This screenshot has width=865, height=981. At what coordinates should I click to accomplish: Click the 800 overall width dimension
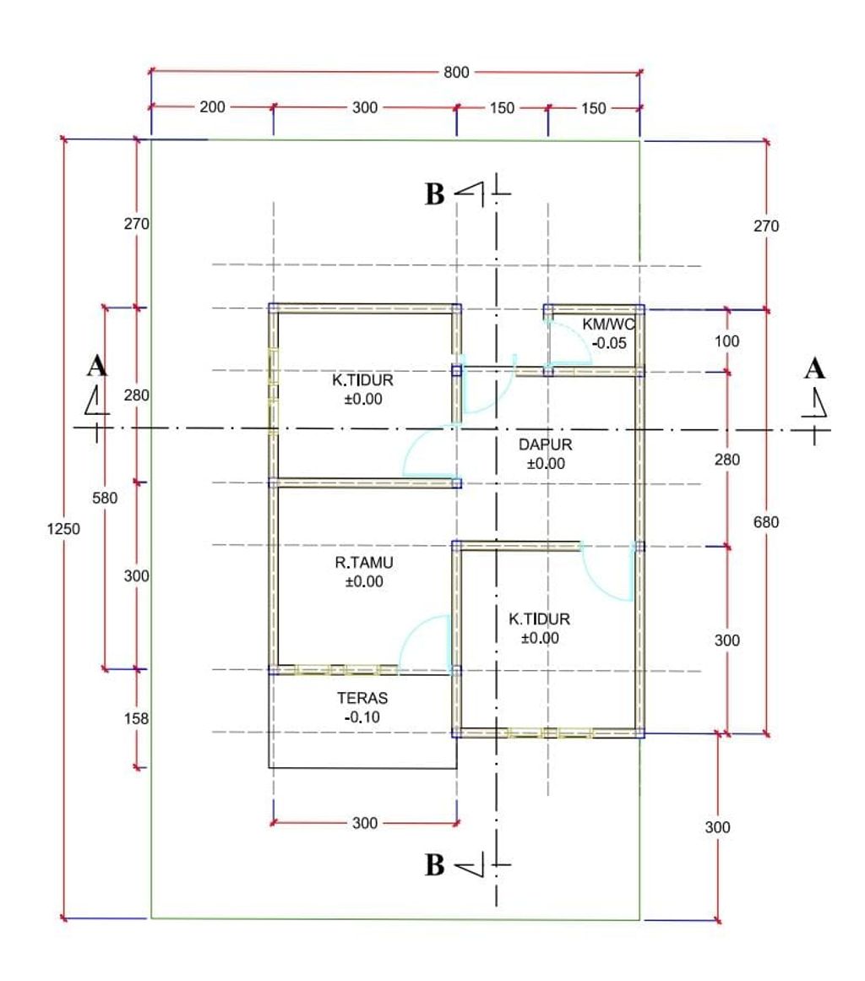456,73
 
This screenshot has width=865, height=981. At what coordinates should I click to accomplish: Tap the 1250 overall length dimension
63,529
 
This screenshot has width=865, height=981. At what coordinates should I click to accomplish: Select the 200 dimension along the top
212,107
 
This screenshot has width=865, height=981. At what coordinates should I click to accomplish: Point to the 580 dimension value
105,498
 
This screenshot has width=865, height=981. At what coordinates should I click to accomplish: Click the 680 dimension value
766,522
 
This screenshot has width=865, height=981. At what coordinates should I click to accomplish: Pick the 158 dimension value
136,718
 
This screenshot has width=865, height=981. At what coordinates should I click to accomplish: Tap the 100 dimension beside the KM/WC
726,341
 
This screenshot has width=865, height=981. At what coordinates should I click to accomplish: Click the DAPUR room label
546,444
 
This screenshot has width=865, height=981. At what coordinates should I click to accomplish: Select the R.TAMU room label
364,563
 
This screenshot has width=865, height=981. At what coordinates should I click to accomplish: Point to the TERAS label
362,698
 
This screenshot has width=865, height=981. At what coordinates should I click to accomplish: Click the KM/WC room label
608,324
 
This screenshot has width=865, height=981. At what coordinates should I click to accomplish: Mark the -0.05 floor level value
609,343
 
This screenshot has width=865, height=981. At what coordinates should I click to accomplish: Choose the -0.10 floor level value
362,717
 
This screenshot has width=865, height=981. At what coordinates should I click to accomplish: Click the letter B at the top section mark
435,194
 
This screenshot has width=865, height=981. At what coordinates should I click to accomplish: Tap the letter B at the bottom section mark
435,865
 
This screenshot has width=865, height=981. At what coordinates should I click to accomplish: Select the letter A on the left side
97,366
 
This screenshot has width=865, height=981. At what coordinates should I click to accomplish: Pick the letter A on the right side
814,368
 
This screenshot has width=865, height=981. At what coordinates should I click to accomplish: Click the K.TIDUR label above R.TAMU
362,380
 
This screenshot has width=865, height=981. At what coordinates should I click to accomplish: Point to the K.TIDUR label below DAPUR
539,619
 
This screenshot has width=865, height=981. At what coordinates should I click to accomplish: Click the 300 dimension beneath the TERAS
365,823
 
